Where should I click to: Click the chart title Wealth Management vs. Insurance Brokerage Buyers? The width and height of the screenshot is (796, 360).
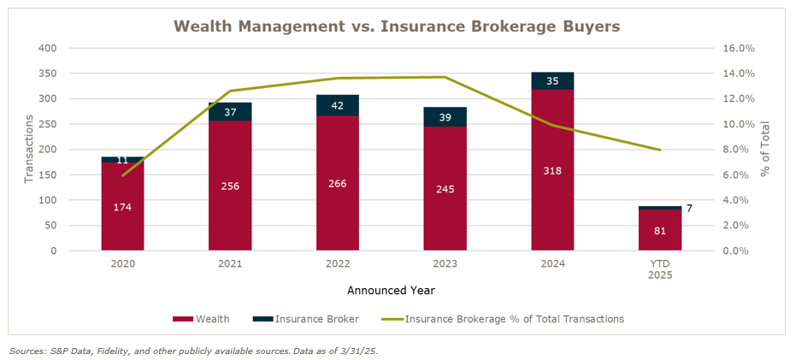pyautogui.click(x=398, y=26)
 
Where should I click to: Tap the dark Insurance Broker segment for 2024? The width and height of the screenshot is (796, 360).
pyautogui.click(x=552, y=81)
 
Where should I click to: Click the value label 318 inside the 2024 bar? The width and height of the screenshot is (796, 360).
pyautogui.click(x=552, y=170)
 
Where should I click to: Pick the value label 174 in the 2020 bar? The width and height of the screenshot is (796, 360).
pyautogui.click(x=122, y=207)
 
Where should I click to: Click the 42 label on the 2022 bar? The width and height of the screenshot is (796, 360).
pyautogui.click(x=338, y=105)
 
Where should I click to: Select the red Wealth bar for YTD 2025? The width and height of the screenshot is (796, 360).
pyautogui.click(x=660, y=230)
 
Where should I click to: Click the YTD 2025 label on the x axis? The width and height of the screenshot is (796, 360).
pyautogui.click(x=660, y=269)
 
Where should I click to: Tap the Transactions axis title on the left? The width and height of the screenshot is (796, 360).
pyautogui.click(x=29, y=150)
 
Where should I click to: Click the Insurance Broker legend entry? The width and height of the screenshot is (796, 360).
pyautogui.click(x=305, y=319)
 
